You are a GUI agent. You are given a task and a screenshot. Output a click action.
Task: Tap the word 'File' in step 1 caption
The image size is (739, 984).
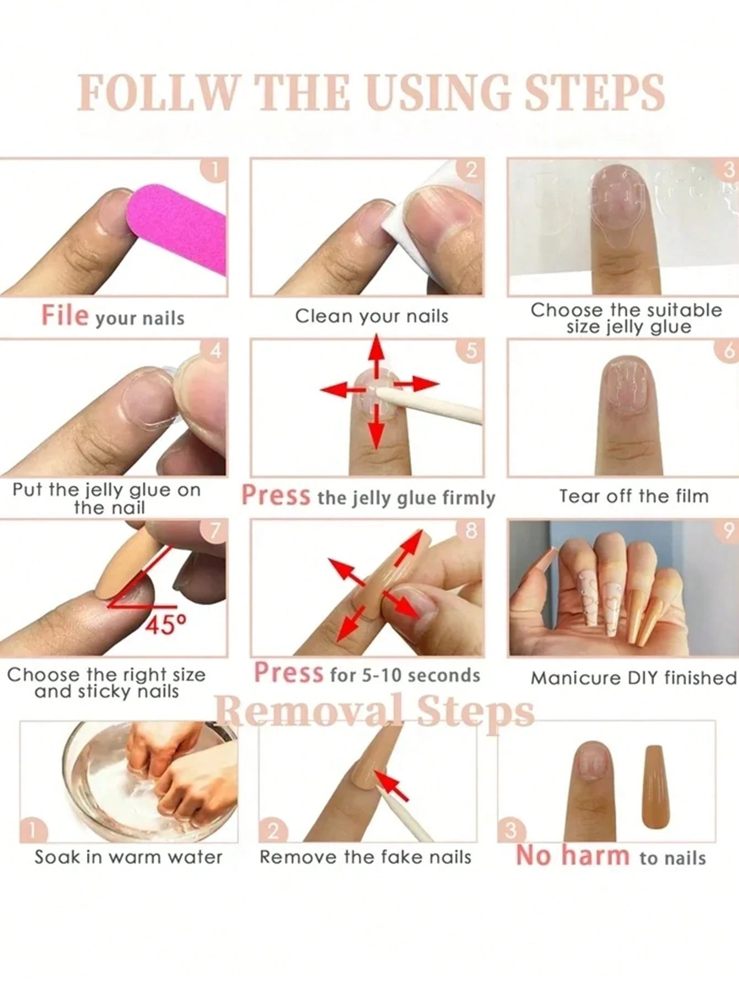(65, 316)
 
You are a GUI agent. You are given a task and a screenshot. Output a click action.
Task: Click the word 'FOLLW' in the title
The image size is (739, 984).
(156, 92)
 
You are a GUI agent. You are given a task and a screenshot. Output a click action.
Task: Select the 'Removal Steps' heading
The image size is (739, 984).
(374, 711)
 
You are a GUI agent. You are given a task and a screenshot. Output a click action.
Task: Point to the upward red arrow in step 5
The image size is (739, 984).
(376, 355)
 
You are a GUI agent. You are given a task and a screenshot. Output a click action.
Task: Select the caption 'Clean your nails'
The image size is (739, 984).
(372, 316)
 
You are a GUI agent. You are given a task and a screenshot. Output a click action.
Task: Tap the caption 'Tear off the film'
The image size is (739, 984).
(634, 496)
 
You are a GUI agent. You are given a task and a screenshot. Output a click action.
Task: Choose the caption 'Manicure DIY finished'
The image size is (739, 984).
(634, 677)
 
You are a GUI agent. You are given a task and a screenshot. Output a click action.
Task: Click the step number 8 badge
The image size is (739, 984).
(470, 531)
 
